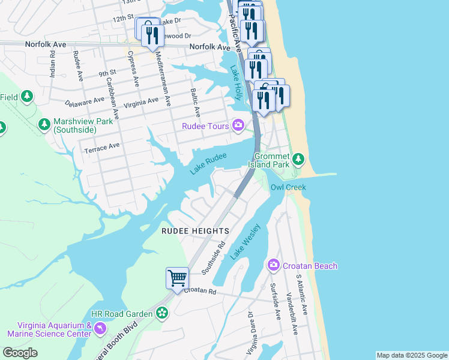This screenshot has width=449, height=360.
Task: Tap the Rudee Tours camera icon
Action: pos(238,125)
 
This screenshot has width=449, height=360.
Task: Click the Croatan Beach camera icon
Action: pos(274,265)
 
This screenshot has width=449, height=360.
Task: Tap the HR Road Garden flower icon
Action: pos(161,313)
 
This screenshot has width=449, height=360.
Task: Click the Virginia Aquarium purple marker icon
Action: pos(100,328)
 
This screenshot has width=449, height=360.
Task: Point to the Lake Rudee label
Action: pos(208,163)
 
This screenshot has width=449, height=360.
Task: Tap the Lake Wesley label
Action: pos(246,242)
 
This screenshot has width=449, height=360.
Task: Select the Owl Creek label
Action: pos(288,187)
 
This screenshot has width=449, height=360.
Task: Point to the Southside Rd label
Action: pos(213,258)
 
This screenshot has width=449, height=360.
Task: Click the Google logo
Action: pos(20,353)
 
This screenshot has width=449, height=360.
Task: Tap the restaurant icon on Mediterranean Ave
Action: pos(152,35)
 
